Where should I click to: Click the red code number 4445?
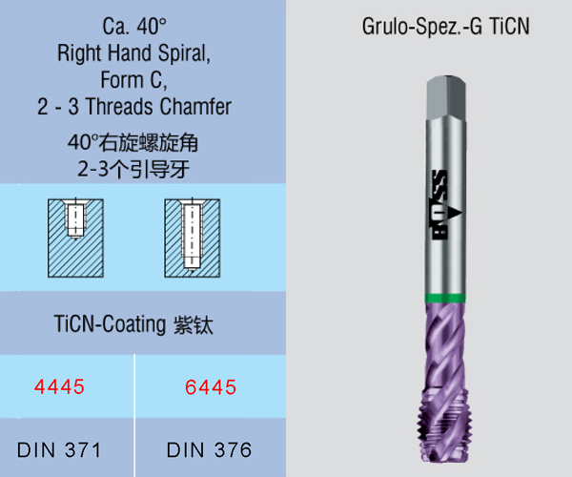click(59, 387)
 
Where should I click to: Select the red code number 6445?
click(211, 387)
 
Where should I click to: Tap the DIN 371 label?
click(59, 449)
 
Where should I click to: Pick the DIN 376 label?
click(209, 449)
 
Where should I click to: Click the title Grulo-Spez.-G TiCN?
click(445, 27)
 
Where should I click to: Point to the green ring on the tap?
click(445, 299)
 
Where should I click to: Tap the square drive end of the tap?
click(446, 96)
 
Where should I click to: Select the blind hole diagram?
click(75, 238)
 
